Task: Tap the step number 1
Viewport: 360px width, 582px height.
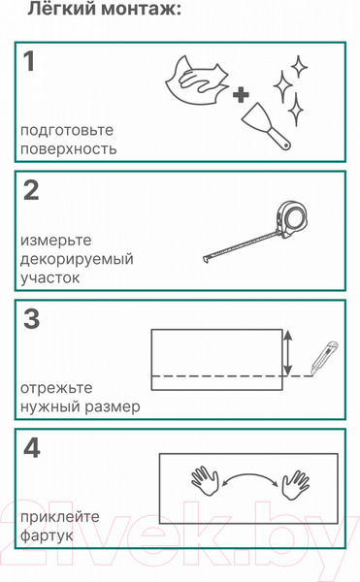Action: point(29,62)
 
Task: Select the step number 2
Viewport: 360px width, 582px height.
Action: point(31,191)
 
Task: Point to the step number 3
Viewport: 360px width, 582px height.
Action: point(31,319)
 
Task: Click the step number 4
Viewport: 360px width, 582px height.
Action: point(32,448)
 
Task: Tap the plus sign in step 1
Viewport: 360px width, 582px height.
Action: point(239,94)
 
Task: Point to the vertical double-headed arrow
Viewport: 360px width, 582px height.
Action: point(286,352)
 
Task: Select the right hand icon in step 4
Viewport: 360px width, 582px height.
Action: point(294,479)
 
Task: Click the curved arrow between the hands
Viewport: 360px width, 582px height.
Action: point(249,474)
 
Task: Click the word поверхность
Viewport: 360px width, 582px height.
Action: point(69,149)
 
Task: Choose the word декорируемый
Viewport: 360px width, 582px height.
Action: point(77,259)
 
